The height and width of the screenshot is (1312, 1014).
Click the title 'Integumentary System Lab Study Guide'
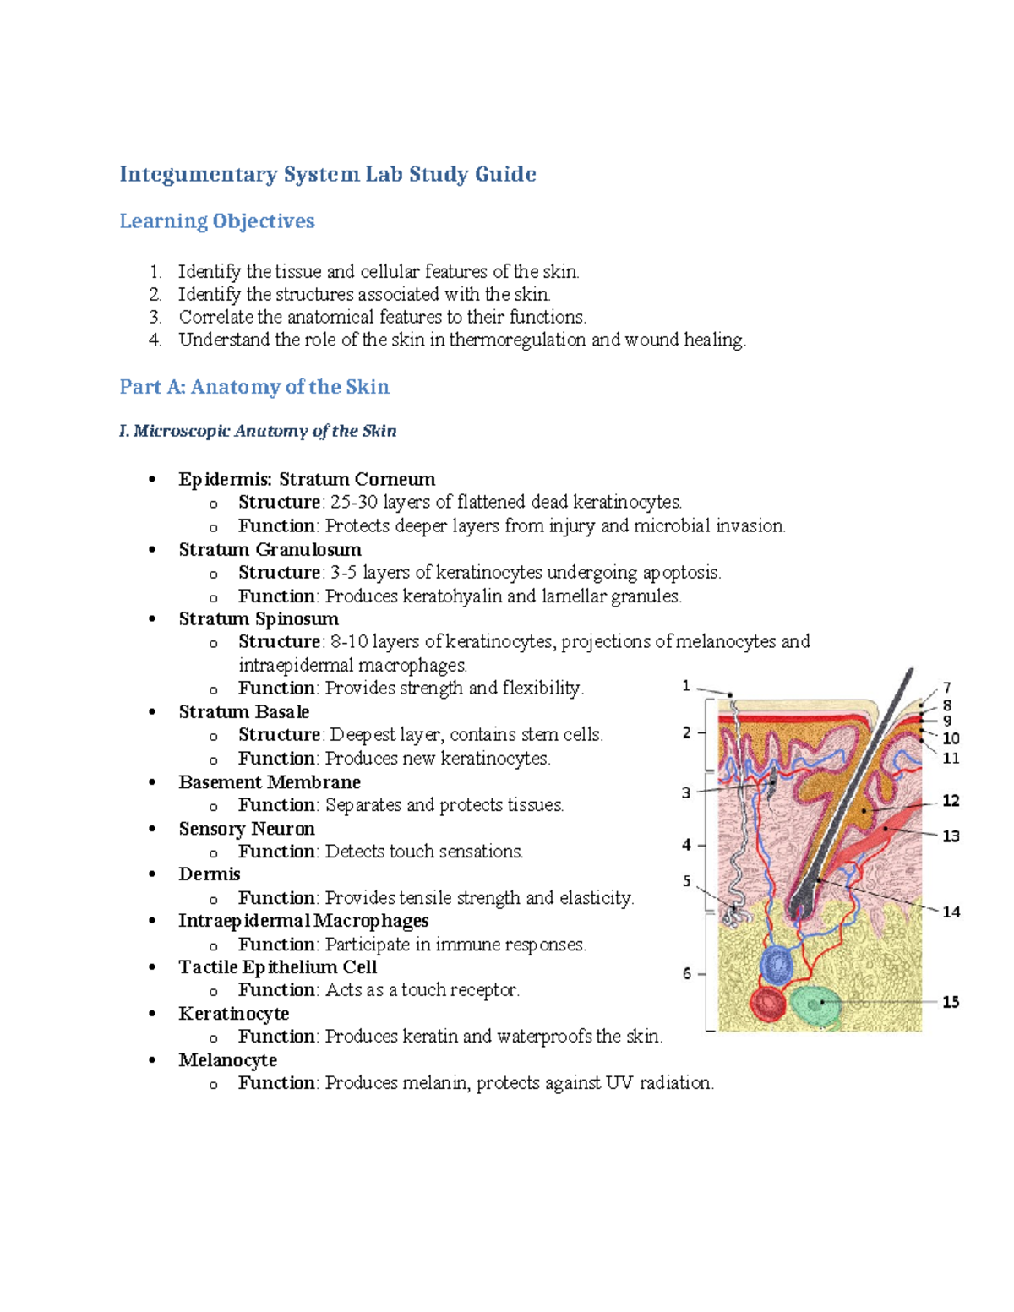point(327,174)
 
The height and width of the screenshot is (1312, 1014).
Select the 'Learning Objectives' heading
point(216,221)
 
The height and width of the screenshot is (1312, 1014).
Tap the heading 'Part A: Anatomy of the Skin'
point(254,387)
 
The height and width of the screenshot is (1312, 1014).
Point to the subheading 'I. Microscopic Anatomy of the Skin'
point(258,431)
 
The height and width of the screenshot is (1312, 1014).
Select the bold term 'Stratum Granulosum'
point(270,549)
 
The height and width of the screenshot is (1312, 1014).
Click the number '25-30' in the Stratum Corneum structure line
point(354,502)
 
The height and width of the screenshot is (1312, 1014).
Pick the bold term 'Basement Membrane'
point(270,782)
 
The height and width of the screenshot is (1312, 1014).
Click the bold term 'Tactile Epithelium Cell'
point(277,967)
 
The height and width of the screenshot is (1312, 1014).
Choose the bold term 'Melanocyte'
point(227,1060)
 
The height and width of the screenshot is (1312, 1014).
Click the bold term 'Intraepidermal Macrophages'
point(303,921)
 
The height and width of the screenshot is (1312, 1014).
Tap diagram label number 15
point(951,1002)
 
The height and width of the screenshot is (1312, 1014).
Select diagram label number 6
point(687,973)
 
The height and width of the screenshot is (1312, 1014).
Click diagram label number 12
point(951,800)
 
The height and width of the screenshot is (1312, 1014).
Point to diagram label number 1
point(686,686)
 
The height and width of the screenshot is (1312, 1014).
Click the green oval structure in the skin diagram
point(815,1004)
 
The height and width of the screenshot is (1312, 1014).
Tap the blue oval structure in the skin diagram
point(777,964)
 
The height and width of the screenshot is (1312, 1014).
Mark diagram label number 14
point(951,912)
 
